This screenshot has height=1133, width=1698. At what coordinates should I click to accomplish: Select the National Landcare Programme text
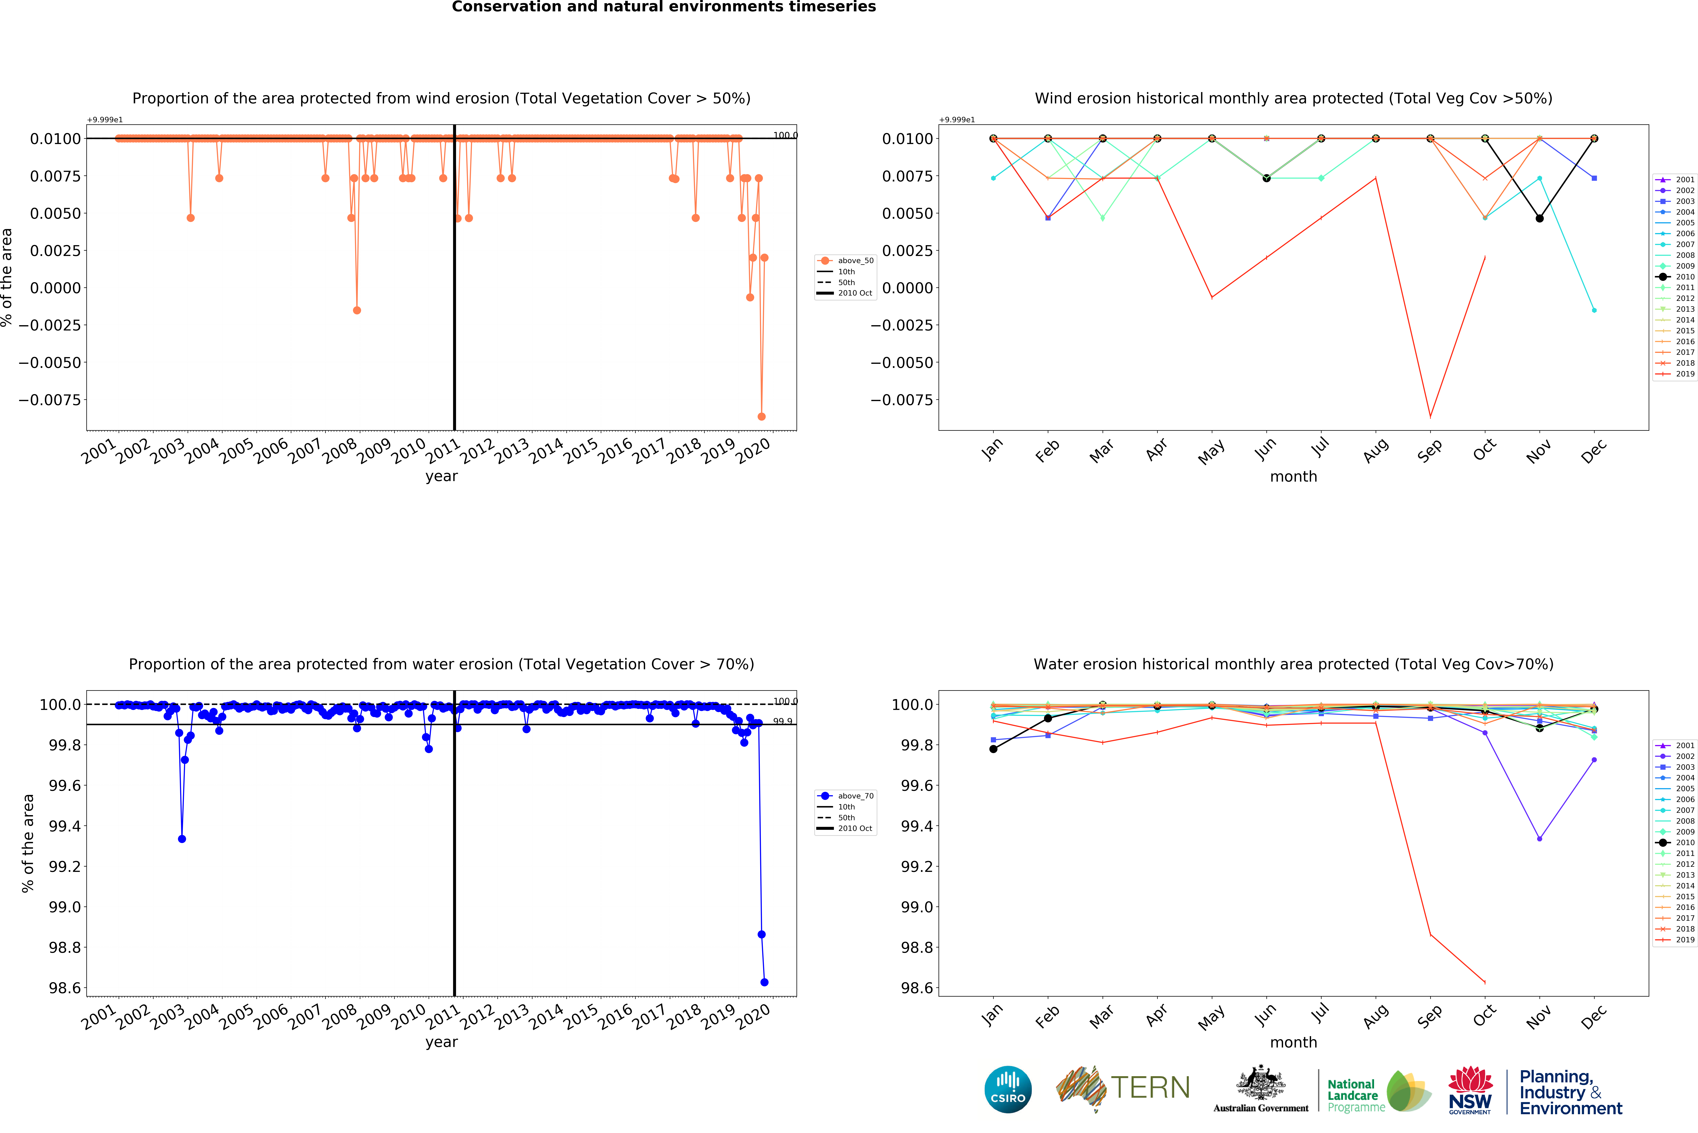point(1356,1095)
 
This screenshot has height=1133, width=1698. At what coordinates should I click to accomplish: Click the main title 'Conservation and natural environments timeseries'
point(664,7)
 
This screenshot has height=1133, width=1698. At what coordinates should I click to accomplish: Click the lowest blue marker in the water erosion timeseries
point(764,982)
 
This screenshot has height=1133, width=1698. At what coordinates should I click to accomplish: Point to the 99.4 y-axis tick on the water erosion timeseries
point(63,826)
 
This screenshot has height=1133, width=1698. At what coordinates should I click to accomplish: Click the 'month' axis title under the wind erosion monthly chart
point(1293,477)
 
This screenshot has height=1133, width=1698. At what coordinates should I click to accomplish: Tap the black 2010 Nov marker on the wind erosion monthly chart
point(1539,218)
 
